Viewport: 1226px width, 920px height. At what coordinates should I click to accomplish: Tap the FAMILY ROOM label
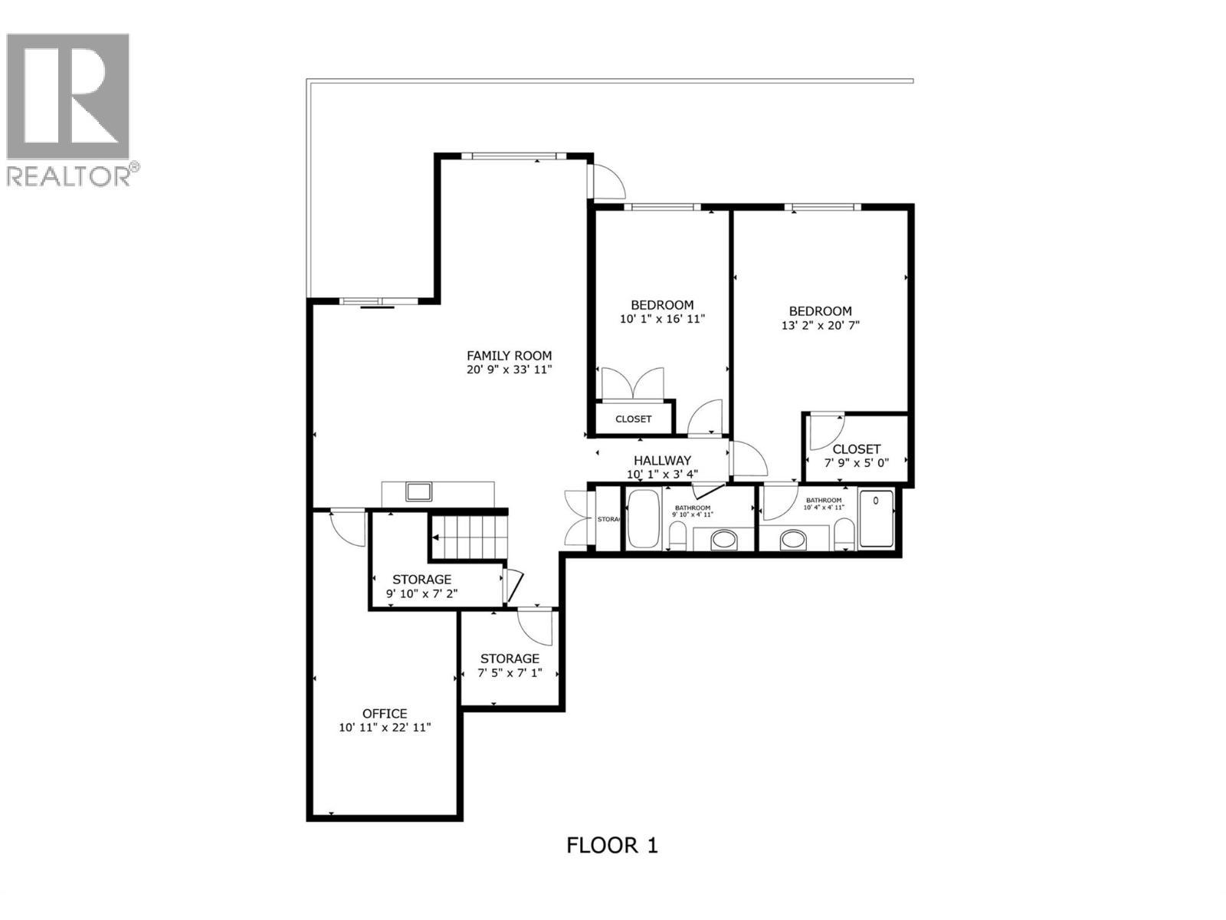[510, 356]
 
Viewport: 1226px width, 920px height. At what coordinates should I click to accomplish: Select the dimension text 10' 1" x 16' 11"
[662, 318]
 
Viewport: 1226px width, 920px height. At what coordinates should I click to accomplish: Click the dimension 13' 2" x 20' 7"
[821, 325]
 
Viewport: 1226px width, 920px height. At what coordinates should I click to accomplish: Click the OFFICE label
[385, 714]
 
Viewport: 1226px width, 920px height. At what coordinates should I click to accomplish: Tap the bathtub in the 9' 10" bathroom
[642, 520]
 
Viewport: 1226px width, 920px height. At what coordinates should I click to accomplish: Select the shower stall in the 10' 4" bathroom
[876, 519]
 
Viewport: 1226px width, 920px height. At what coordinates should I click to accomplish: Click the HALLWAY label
[662, 460]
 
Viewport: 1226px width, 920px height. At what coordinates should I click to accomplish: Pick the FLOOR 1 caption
[612, 845]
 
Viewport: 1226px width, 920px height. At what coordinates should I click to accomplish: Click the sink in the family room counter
[418, 491]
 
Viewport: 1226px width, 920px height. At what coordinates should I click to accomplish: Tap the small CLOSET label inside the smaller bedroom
[634, 419]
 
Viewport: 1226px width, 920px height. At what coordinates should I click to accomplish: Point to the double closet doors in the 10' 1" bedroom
[632, 383]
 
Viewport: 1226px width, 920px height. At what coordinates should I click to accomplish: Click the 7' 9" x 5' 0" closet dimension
[856, 463]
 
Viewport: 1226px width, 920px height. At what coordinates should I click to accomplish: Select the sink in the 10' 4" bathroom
[794, 540]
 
